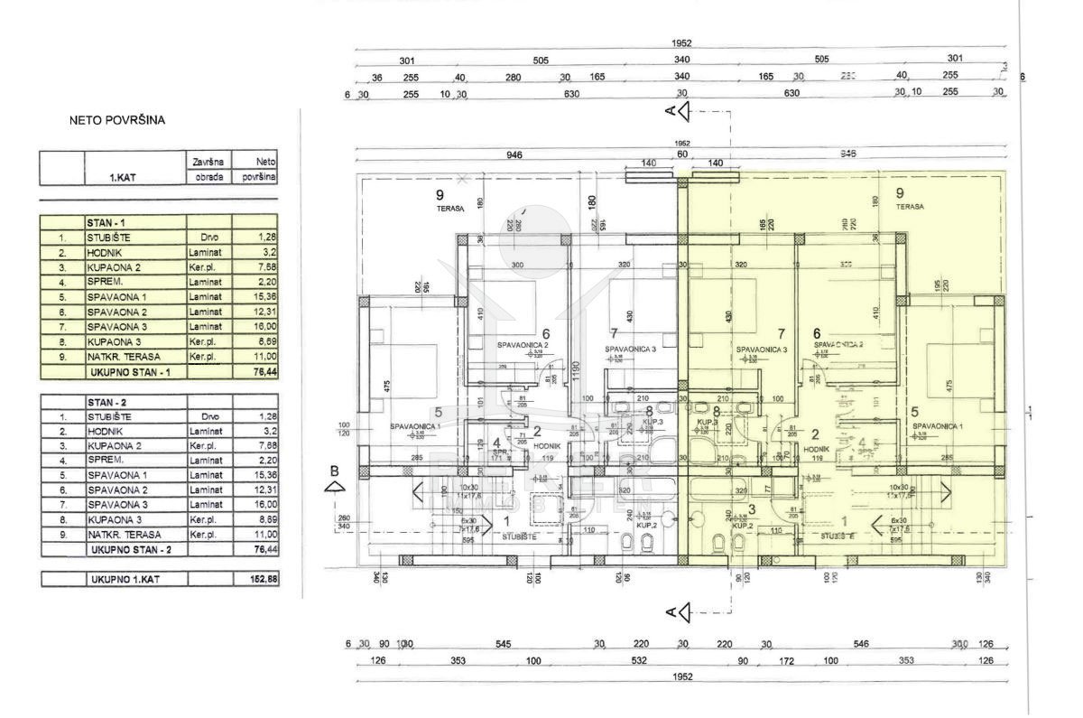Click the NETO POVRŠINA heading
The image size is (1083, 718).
pyautogui.click(x=117, y=119)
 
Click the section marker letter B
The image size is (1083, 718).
pyautogui.click(x=334, y=470)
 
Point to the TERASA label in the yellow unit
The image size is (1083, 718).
pyautogui.click(x=910, y=207)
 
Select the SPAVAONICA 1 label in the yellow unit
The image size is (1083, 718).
pyautogui.click(x=938, y=425)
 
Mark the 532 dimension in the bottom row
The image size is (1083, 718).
pyautogui.click(x=640, y=661)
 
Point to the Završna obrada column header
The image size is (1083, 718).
pyautogui.click(x=209, y=170)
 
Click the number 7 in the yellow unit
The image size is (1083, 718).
pyautogui.click(x=782, y=333)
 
